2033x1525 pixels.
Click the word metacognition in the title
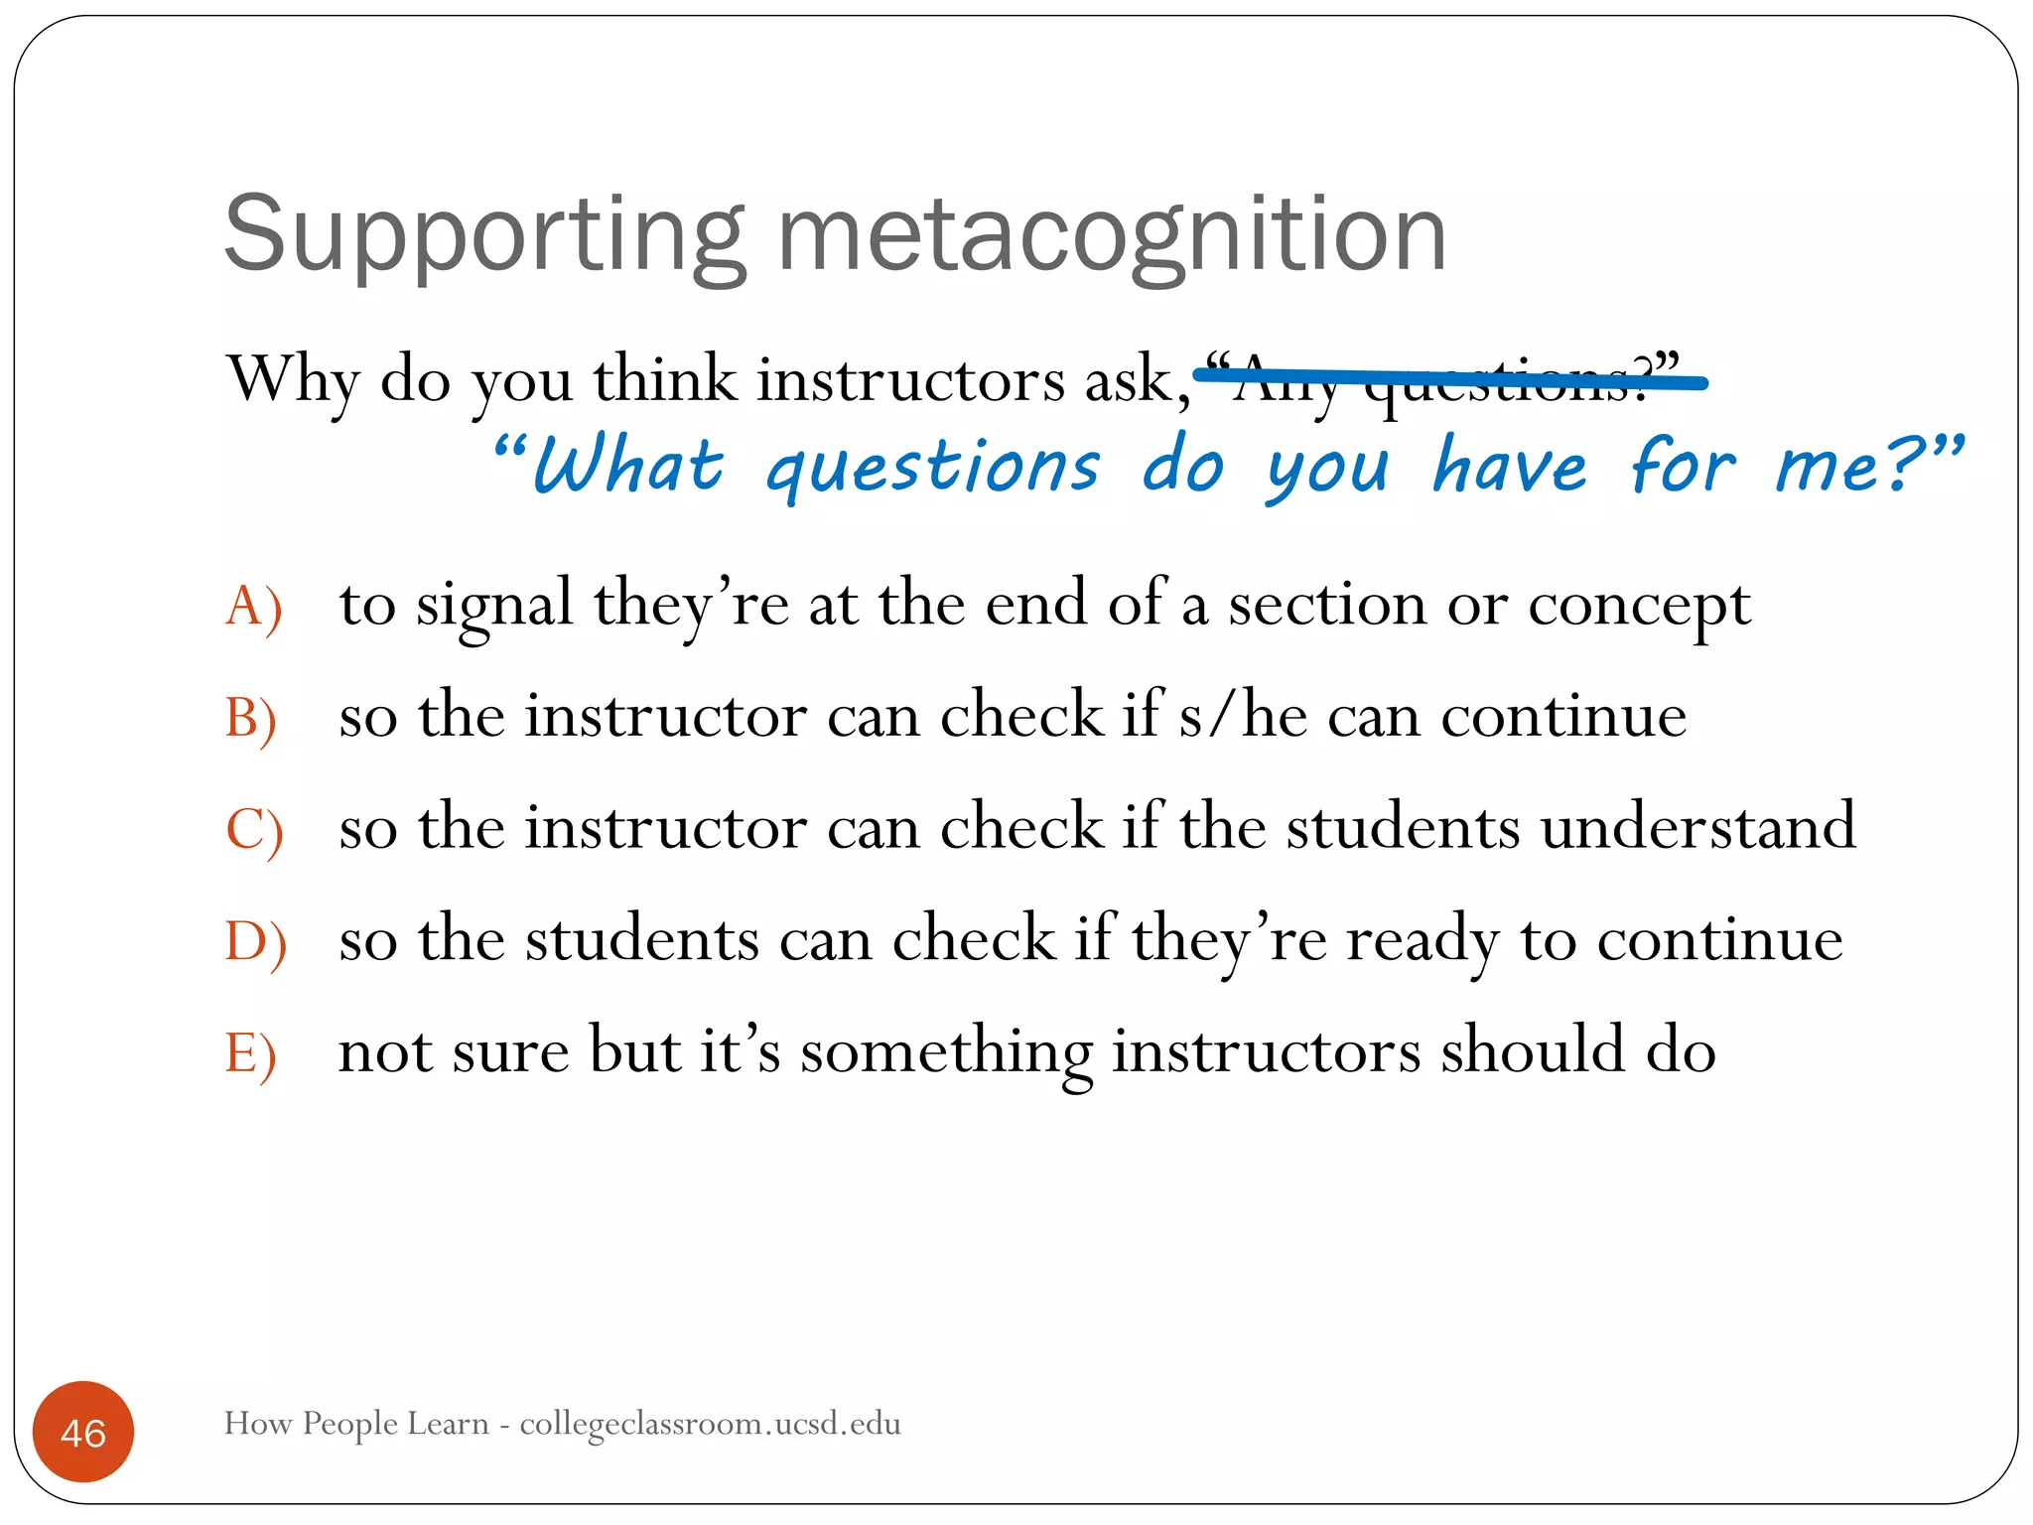pos(1111,235)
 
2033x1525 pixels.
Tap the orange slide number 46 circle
pos(83,1432)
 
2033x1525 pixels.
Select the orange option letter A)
pos(254,606)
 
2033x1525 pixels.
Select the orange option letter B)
pos(251,718)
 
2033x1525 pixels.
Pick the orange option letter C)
pos(254,830)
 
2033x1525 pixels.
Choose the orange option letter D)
pos(255,941)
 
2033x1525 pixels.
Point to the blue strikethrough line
pos(1449,378)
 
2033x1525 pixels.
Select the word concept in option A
pos(1638,606)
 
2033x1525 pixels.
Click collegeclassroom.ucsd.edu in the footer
pos(710,1424)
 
